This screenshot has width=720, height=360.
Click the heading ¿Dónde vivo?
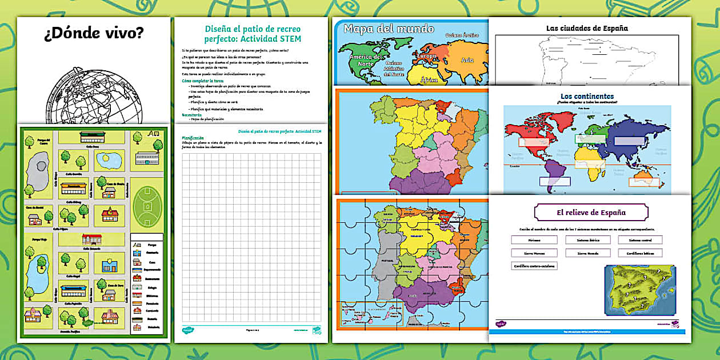(94, 34)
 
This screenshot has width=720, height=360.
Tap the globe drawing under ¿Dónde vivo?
(94, 97)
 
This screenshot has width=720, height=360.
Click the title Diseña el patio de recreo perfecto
(253, 34)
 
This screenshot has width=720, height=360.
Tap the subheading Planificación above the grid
(193, 138)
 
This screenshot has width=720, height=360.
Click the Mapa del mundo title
(389, 29)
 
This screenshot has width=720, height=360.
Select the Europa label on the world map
(428, 57)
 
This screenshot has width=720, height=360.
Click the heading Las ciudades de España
(587, 28)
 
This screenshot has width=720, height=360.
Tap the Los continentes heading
(587, 96)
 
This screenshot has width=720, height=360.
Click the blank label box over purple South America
(554, 181)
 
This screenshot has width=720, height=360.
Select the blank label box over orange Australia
(644, 182)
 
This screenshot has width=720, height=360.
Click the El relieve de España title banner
(591, 213)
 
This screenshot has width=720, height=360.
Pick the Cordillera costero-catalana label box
(534, 266)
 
